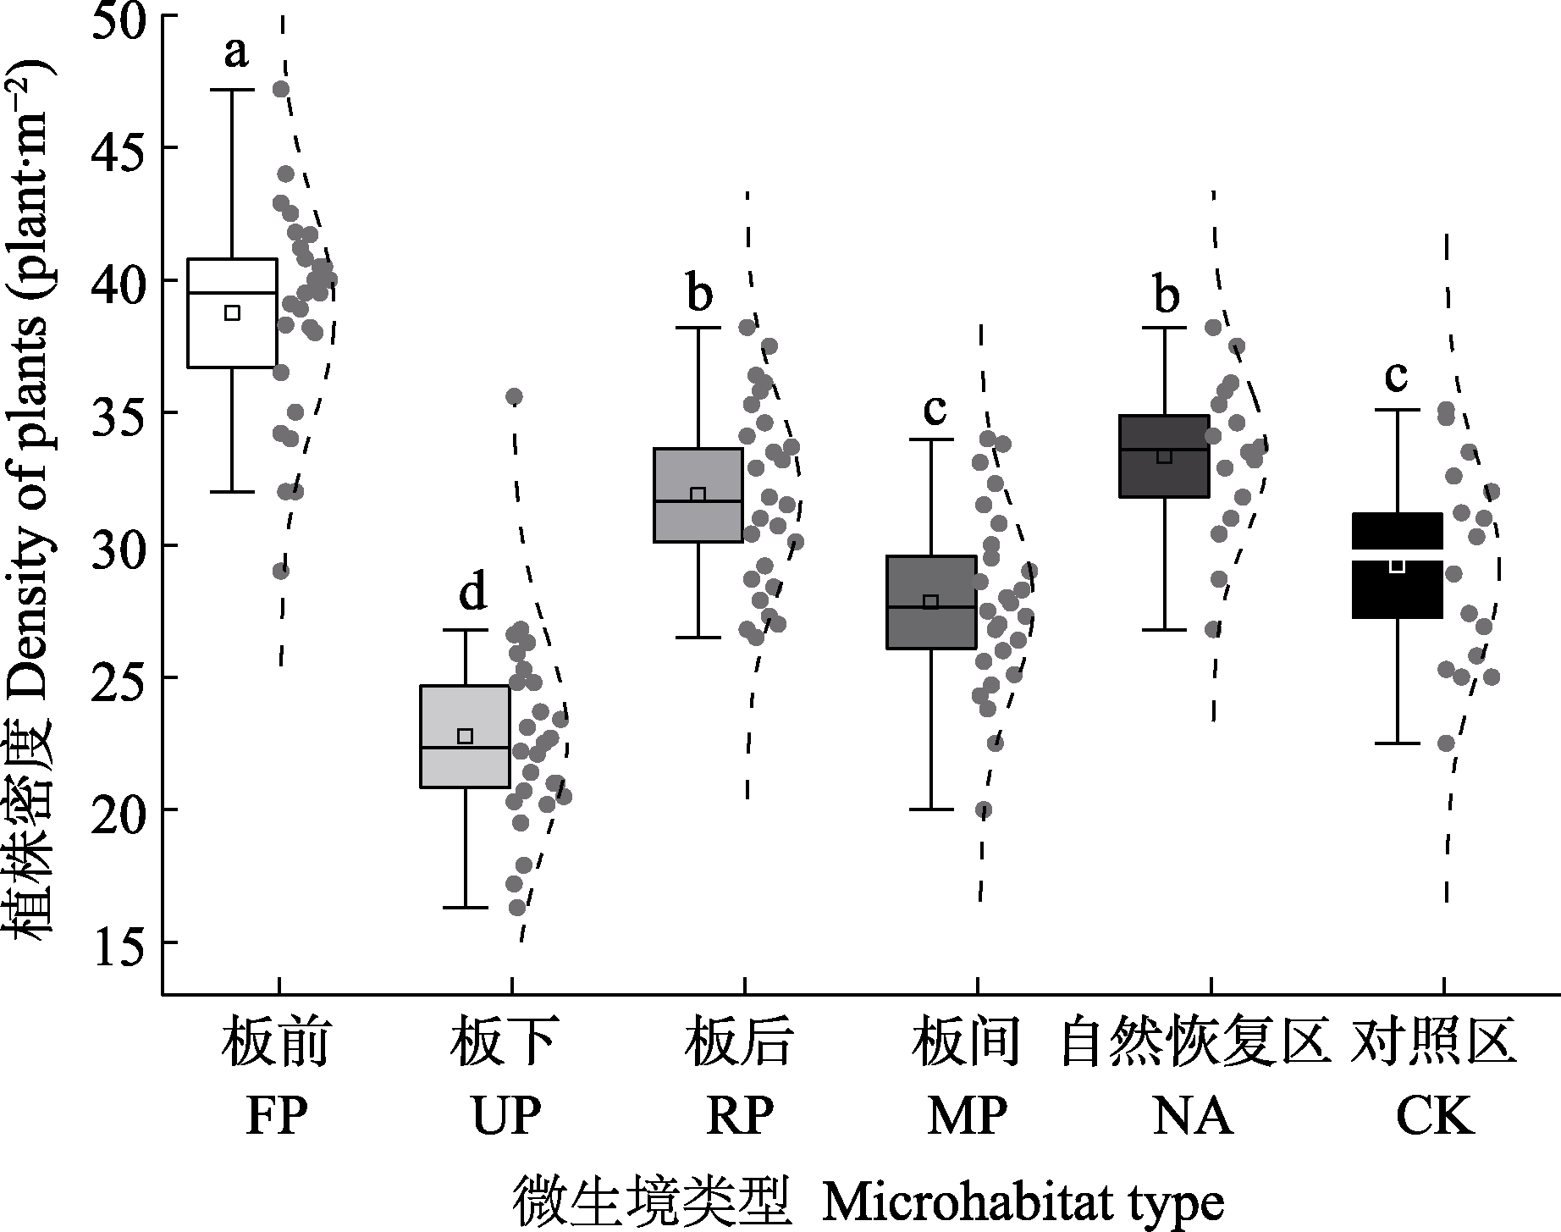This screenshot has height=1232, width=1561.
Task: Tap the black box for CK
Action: (1397, 593)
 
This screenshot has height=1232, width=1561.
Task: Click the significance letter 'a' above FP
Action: (236, 53)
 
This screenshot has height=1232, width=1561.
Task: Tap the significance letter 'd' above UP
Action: (472, 593)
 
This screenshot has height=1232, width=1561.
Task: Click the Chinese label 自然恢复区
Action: (1193, 1043)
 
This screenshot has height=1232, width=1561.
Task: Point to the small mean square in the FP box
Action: (232, 312)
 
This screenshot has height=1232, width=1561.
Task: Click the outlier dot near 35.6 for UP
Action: (514, 396)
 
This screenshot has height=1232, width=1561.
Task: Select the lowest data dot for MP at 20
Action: (983, 810)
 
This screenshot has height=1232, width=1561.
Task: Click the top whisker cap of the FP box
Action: (232, 89)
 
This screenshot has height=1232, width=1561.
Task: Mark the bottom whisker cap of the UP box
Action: (465, 908)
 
